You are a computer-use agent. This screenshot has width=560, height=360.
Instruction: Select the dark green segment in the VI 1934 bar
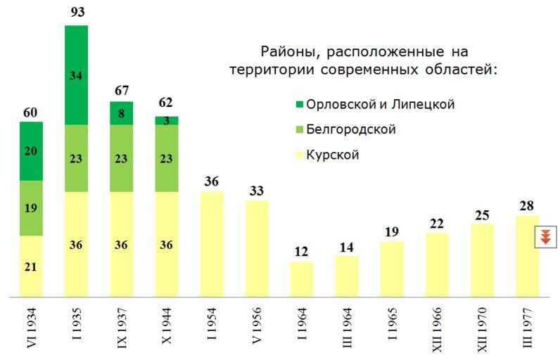(31, 150)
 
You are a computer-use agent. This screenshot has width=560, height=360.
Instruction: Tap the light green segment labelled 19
(31, 208)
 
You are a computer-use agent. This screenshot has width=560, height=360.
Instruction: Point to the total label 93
(76, 13)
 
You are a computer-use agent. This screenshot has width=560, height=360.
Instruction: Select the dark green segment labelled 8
(121, 113)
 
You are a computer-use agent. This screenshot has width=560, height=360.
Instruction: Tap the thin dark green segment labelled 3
(167, 120)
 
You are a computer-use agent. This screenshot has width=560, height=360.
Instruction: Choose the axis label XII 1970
(483, 328)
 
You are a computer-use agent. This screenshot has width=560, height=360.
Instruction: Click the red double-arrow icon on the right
(545, 237)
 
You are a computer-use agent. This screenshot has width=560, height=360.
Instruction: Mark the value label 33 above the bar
(257, 190)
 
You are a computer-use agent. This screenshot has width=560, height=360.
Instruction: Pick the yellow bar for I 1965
(392, 269)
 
